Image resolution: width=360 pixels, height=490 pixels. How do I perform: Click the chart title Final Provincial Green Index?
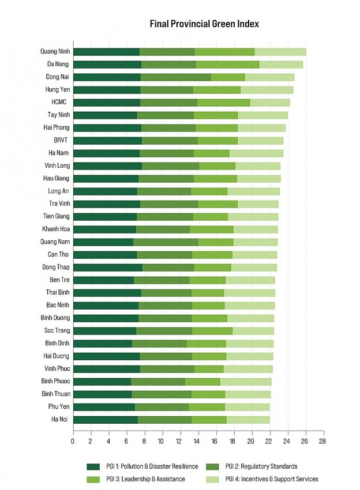[x=204, y=24]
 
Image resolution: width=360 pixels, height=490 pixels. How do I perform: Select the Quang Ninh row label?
[x=55, y=51]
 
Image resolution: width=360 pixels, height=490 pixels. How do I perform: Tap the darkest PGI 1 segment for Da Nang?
[x=107, y=65]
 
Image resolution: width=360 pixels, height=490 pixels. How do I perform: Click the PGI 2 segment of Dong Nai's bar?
[x=175, y=77]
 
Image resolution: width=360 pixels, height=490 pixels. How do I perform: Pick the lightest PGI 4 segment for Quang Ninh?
[x=280, y=52]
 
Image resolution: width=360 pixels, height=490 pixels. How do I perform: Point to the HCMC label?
[x=60, y=102]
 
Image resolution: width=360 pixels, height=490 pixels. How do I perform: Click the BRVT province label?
[x=61, y=140]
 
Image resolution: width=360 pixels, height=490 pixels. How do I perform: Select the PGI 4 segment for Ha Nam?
[x=256, y=153]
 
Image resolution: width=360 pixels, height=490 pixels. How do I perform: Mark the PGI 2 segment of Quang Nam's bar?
[x=166, y=242]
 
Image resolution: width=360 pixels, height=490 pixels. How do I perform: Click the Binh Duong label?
[x=55, y=318]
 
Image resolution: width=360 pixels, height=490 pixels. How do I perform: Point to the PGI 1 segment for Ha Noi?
[x=105, y=420]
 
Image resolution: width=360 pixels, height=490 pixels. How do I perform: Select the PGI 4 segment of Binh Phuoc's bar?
[x=246, y=382]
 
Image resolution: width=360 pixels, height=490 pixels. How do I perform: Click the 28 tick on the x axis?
[x=322, y=440]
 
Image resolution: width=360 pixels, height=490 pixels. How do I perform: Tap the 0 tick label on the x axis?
[x=73, y=440]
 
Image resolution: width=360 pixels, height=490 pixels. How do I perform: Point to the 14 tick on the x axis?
[x=197, y=440]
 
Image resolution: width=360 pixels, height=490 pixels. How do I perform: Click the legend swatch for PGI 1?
[x=93, y=466]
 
